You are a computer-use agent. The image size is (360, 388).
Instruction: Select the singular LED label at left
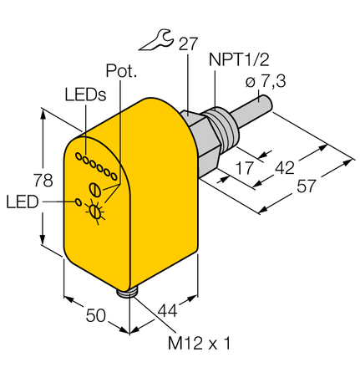(21, 202)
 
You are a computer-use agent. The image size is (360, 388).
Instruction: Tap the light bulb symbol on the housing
(98, 212)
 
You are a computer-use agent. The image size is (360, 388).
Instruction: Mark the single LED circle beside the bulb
(79, 202)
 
